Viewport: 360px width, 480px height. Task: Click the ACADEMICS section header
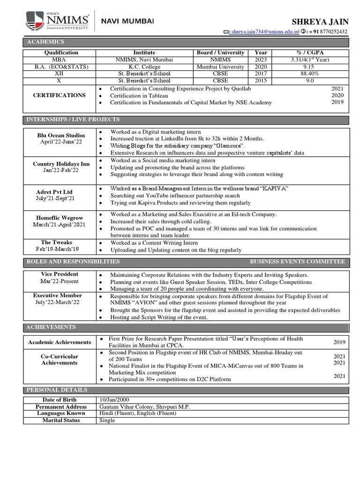pyautogui.click(x=42, y=43)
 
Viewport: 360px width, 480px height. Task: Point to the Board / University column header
pyautogui.click(x=220, y=52)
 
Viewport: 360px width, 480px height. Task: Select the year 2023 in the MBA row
pyautogui.click(x=261, y=60)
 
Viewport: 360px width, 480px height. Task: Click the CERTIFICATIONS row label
pyautogui.click(x=59, y=95)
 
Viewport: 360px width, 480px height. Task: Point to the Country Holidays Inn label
pyautogui.click(x=61, y=164)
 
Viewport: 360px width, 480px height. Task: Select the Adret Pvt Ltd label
pyautogui.click(x=54, y=192)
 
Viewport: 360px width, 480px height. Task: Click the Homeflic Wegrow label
pyautogui.click(x=59, y=217)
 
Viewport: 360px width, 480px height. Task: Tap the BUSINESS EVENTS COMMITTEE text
pyautogui.click(x=297, y=262)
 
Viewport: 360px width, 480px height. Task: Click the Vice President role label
pyautogui.click(x=59, y=274)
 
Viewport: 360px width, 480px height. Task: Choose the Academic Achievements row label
pyautogui.click(x=59, y=342)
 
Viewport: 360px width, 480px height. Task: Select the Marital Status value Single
pyautogui.click(x=107, y=420)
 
